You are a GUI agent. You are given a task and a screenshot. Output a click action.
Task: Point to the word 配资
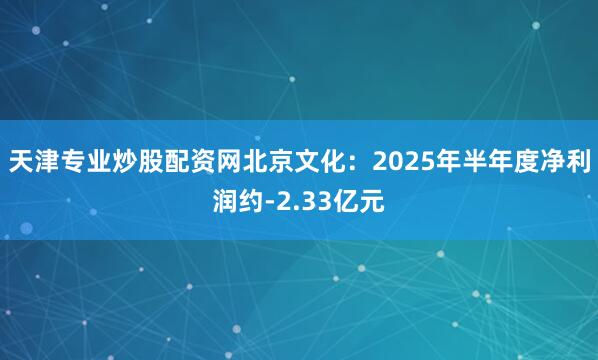pyautogui.click(x=186, y=161)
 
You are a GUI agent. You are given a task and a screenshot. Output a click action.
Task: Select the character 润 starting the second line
pyautogui.click(x=227, y=202)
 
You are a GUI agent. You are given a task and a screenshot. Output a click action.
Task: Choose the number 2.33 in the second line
pyautogui.click(x=303, y=202)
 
